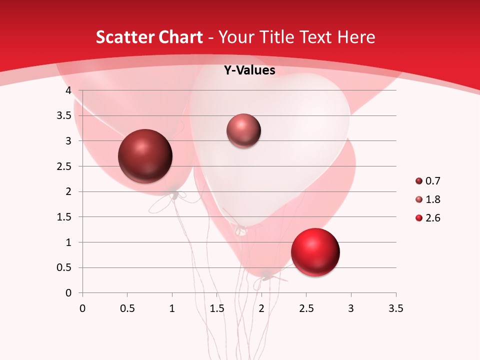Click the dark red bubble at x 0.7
pyautogui.click(x=145, y=156)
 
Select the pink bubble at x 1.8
pyautogui.click(x=243, y=130)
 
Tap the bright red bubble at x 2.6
pyautogui.click(x=315, y=252)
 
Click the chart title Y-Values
pyautogui.click(x=249, y=70)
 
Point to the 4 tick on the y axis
pyautogui.click(x=68, y=90)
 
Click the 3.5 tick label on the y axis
pyautogui.click(x=64, y=115)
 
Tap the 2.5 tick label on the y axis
pyautogui.click(x=64, y=166)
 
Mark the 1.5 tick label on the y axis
pyautogui.click(x=64, y=217)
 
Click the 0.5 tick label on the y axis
pyautogui.click(x=64, y=267)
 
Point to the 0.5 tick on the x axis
pyautogui.click(x=127, y=308)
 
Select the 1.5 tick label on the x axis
pyautogui.click(x=216, y=308)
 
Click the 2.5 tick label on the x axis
pyautogui.click(x=306, y=308)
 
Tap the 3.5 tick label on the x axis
pyautogui.click(x=395, y=308)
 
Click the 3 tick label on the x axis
pyautogui.click(x=351, y=308)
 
